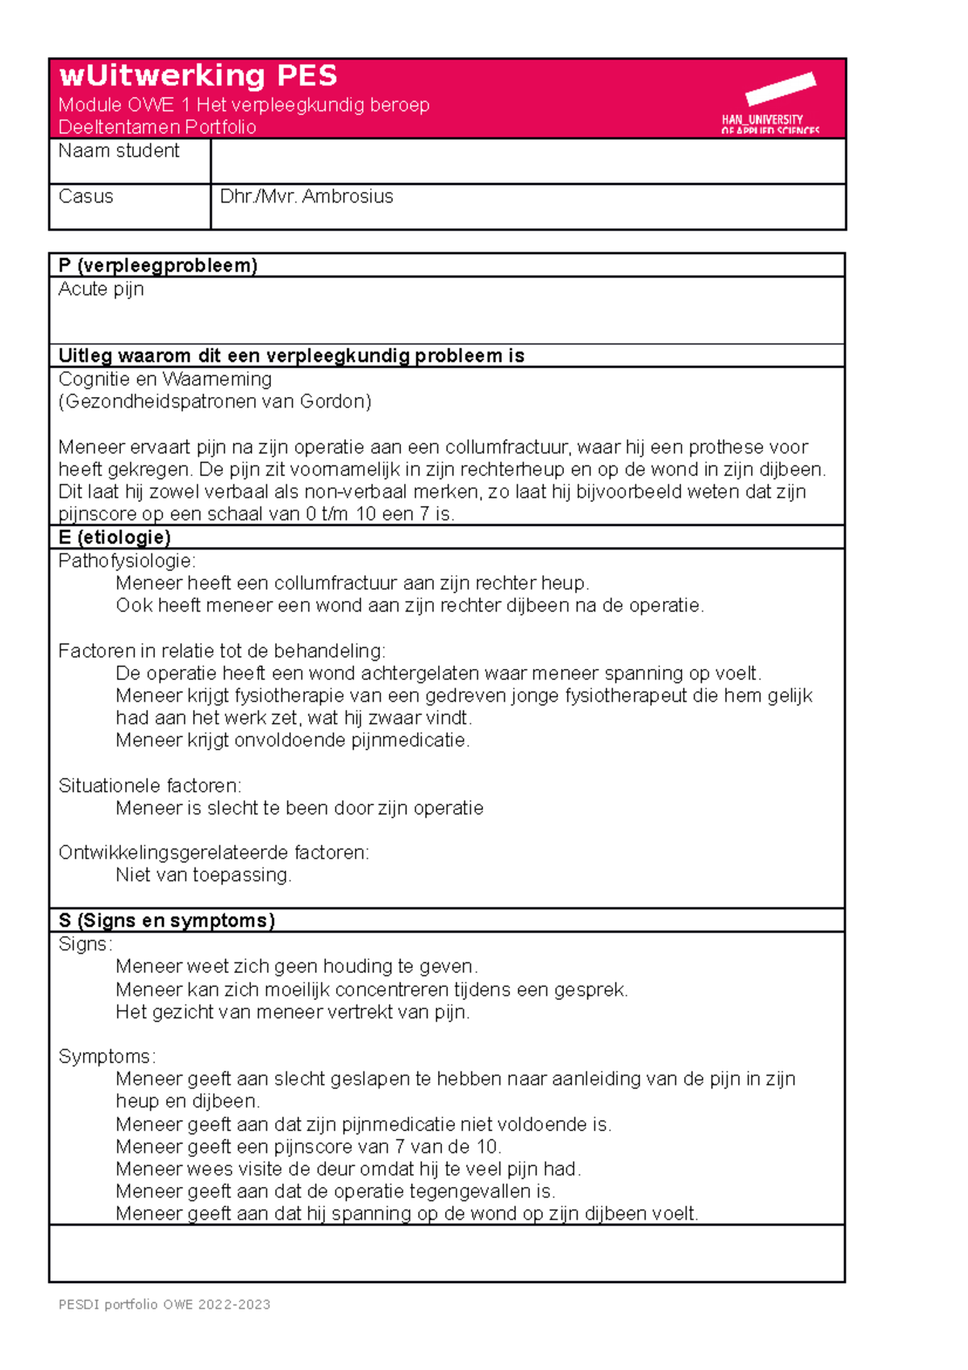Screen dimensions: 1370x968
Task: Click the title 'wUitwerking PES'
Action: tap(198, 76)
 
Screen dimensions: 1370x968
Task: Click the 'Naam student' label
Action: tap(119, 151)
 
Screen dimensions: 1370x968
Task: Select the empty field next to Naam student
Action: tap(528, 161)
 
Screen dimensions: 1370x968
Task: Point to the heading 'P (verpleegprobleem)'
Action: tap(157, 265)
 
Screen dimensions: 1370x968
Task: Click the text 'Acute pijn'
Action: tap(101, 289)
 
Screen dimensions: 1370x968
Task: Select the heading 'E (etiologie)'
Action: tap(114, 537)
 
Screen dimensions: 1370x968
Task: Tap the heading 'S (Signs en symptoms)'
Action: tap(166, 921)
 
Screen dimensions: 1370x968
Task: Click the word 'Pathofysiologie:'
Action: tap(127, 561)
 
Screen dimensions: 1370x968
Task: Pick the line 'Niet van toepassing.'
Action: tap(203, 875)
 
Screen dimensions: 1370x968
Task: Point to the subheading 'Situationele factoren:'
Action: tap(149, 786)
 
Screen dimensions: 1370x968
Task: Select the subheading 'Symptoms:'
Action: tap(106, 1057)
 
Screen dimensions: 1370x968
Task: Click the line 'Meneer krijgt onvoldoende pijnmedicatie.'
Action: tap(292, 741)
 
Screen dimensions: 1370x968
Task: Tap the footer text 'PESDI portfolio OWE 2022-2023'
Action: tap(164, 1305)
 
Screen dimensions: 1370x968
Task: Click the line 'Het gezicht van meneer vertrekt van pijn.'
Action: tap(292, 1013)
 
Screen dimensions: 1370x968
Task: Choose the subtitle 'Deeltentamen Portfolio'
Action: tap(156, 127)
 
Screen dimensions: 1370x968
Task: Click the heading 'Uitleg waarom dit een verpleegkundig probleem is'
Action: tap(291, 356)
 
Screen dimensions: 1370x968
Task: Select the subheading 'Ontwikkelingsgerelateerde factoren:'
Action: tap(213, 853)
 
